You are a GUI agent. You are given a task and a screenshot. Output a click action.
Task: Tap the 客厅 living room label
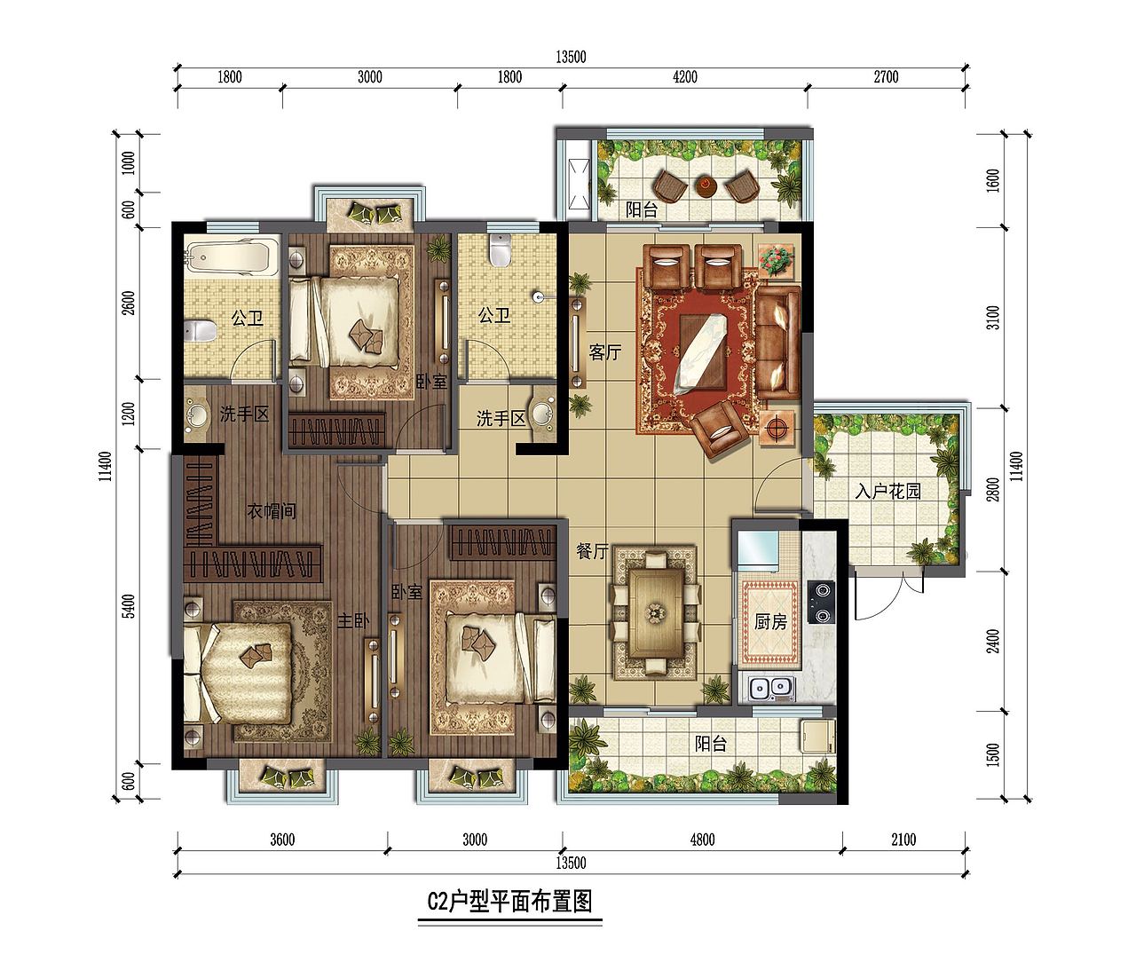point(604,352)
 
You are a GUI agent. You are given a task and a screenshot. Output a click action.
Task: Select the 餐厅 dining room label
point(592,551)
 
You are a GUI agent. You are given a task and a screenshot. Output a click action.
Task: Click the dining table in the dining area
point(655,612)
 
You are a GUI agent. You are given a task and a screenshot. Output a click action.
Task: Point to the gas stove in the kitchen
point(822,602)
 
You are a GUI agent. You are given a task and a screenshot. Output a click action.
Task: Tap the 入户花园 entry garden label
point(887,491)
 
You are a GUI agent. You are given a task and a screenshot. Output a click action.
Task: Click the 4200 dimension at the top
point(684,77)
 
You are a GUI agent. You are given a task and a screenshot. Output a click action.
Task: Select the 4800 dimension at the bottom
point(700,840)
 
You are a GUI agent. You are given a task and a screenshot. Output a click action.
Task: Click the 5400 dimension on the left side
point(129,605)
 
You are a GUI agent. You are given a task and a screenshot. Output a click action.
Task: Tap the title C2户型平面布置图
point(509,903)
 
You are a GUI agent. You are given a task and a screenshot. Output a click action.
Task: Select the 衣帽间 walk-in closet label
point(271,511)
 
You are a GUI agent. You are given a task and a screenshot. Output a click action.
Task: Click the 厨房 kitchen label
point(770,622)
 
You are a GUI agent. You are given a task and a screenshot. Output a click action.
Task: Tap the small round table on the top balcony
point(706,185)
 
